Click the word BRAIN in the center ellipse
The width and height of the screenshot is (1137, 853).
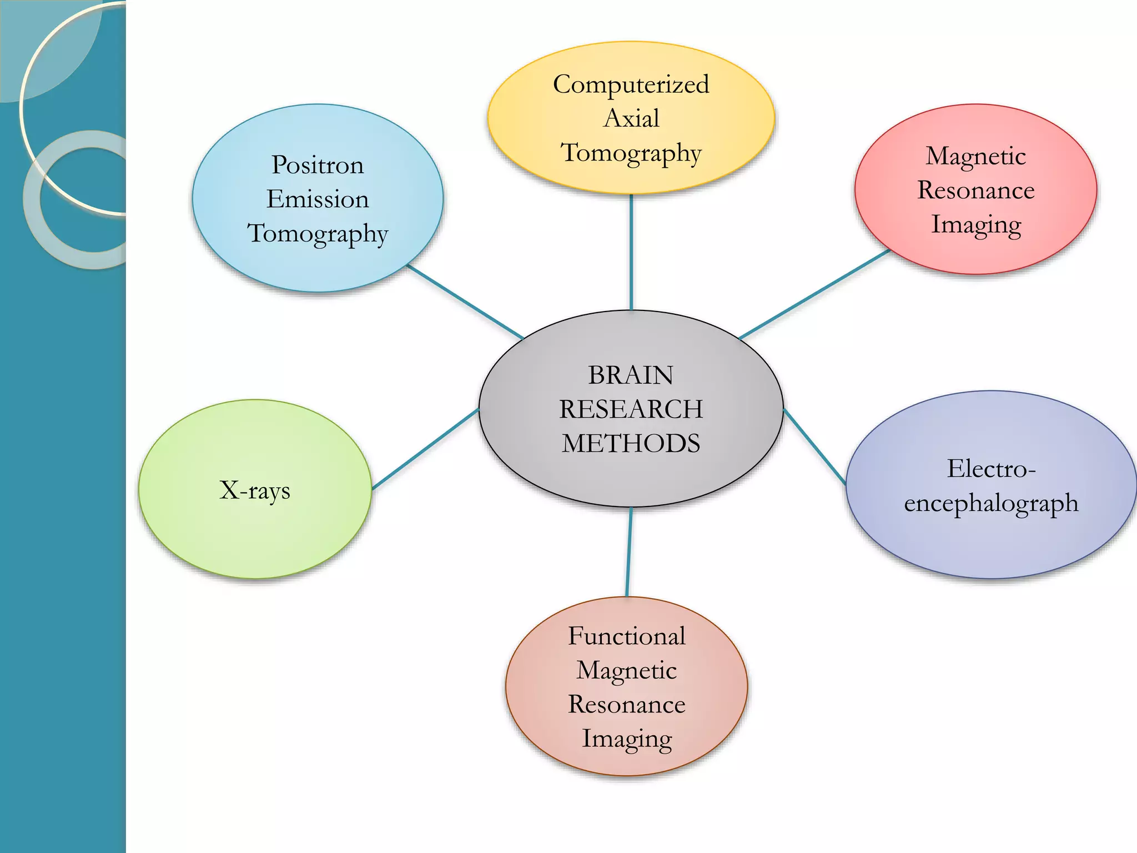click(631, 375)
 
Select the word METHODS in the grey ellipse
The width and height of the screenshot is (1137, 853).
click(631, 444)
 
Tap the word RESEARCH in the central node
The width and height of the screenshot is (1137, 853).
click(631, 410)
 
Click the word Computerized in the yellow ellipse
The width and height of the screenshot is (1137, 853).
click(631, 85)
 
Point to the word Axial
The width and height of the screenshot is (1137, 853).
click(631, 118)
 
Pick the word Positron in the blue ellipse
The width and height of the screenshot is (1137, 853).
click(318, 165)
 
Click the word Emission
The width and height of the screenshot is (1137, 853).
click(318, 199)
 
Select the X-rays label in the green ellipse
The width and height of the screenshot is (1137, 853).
click(255, 490)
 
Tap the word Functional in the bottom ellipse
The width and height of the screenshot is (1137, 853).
click(626, 636)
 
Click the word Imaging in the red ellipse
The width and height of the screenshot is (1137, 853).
click(976, 225)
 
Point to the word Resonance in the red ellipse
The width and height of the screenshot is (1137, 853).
click(976, 190)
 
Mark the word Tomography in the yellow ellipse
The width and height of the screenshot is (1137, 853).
click(631, 153)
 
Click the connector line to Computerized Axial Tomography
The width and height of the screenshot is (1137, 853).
click(631, 253)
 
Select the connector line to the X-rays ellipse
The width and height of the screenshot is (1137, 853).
click(425, 449)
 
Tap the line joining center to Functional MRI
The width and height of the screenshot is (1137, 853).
click(629, 552)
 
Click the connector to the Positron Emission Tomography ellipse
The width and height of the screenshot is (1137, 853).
click(465, 302)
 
